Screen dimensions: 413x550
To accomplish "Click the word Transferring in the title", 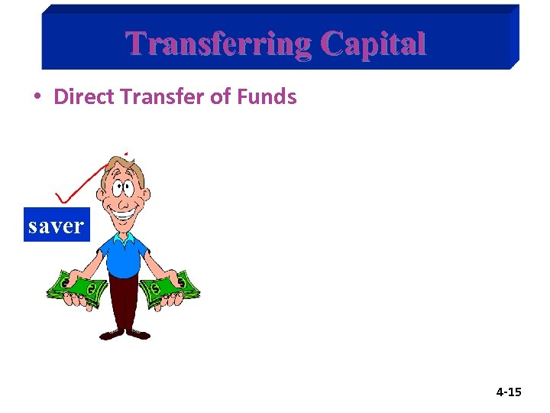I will pyautogui.click(x=218, y=44).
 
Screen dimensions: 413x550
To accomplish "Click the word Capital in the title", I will pyautogui.click(x=374, y=44).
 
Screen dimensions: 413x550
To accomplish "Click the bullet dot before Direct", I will pyautogui.click(x=37, y=97).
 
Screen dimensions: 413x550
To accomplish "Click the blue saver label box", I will pyautogui.click(x=57, y=225).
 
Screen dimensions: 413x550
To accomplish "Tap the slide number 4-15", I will pyautogui.click(x=508, y=392).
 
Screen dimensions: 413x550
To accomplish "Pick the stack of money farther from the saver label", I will pyautogui.click(x=172, y=288).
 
